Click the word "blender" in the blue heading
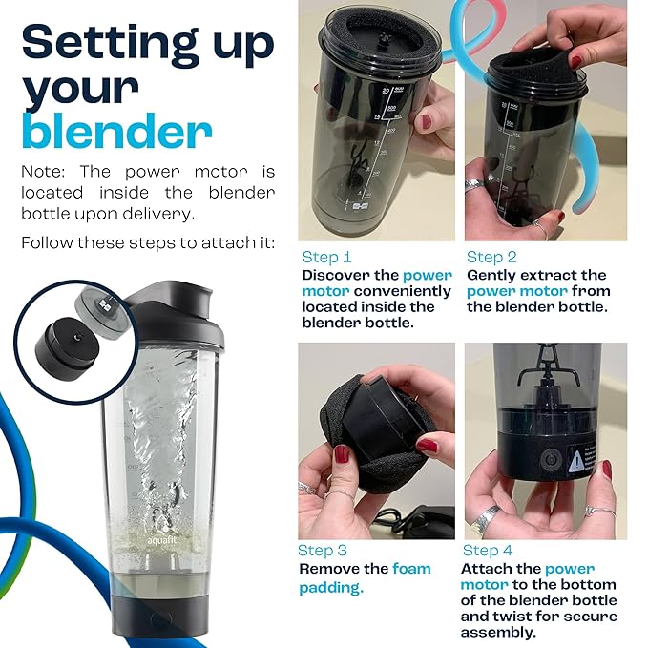[x=117, y=130]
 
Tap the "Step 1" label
[x=326, y=257]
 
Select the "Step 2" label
[x=491, y=257]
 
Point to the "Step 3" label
[x=323, y=551]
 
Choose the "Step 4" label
[x=488, y=551]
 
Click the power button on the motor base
[x=549, y=460]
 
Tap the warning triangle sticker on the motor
[x=575, y=463]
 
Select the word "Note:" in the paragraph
[x=43, y=171]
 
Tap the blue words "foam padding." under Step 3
[x=365, y=577]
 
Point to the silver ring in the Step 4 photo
[x=485, y=520]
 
